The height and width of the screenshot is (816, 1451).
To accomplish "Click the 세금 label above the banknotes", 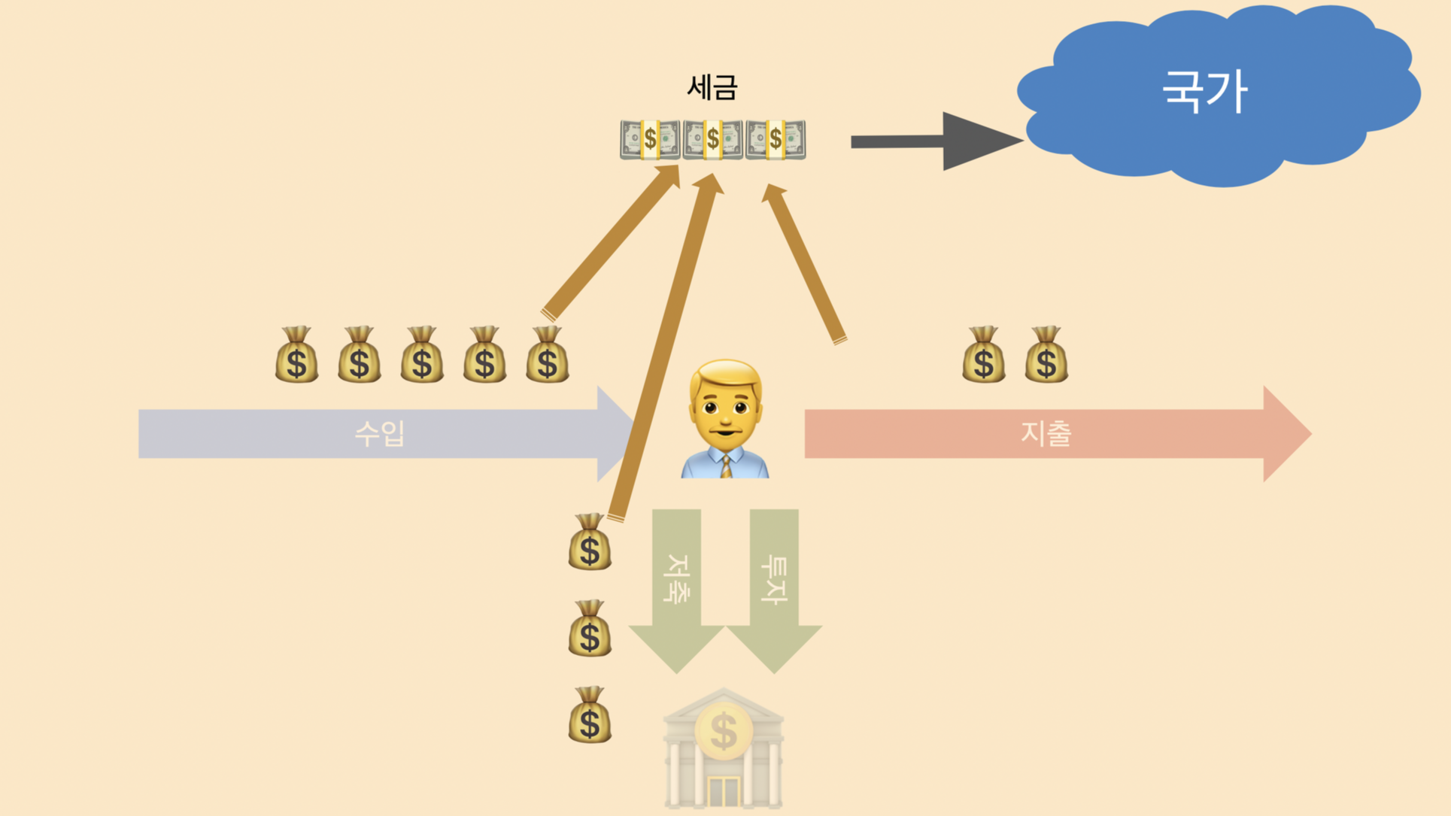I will [712, 88].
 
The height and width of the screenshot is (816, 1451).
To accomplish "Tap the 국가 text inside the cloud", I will [1205, 92].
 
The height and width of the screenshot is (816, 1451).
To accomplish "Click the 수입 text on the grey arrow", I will [380, 434].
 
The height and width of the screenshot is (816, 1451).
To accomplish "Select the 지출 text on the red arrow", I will [1046, 434].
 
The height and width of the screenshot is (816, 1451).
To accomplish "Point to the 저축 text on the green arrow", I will [676, 578].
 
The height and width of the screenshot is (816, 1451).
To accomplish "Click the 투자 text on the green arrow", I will [774, 578].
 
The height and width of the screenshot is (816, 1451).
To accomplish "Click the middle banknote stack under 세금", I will [712, 140].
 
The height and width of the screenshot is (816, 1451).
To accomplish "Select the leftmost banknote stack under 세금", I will [650, 140].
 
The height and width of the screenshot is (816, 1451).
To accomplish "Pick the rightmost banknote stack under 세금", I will [776, 140].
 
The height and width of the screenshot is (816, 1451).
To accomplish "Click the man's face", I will [726, 406].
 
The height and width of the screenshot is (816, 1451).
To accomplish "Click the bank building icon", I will [724, 752].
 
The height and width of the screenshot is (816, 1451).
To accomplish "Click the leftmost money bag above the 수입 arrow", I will [296, 356].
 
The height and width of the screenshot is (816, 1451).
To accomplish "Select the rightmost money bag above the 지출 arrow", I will [1046, 356].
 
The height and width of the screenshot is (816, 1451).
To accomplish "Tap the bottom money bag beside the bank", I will [590, 716].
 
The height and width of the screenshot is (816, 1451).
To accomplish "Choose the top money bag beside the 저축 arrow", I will [590, 543].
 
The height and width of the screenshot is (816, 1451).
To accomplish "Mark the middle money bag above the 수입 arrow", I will [422, 356].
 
